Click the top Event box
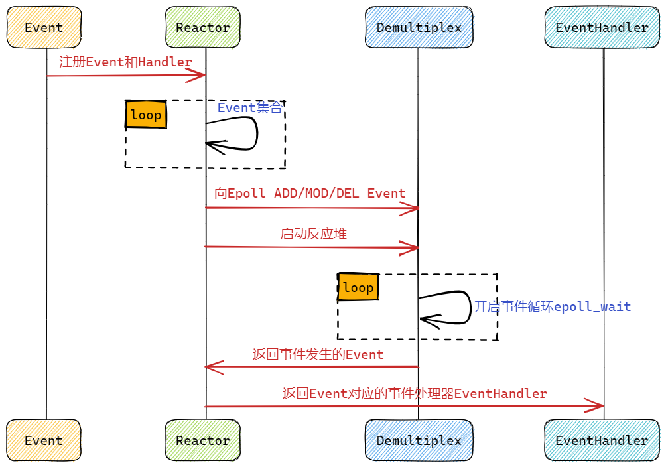(44, 27)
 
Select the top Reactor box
(203, 27)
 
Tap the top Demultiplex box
(419, 27)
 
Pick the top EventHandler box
(602, 27)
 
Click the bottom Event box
(44, 440)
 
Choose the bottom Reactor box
(203, 440)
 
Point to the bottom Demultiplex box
(419, 440)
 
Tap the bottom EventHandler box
(602, 440)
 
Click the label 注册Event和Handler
(125, 62)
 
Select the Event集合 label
(249, 107)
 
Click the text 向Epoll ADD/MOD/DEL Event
(310, 194)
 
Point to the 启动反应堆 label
(313, 233)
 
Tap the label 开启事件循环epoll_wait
(552, 306)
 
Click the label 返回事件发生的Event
(318, 354)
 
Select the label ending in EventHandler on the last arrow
(415, 393)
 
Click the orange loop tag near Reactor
(146, 115)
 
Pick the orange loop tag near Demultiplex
(358, 287)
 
